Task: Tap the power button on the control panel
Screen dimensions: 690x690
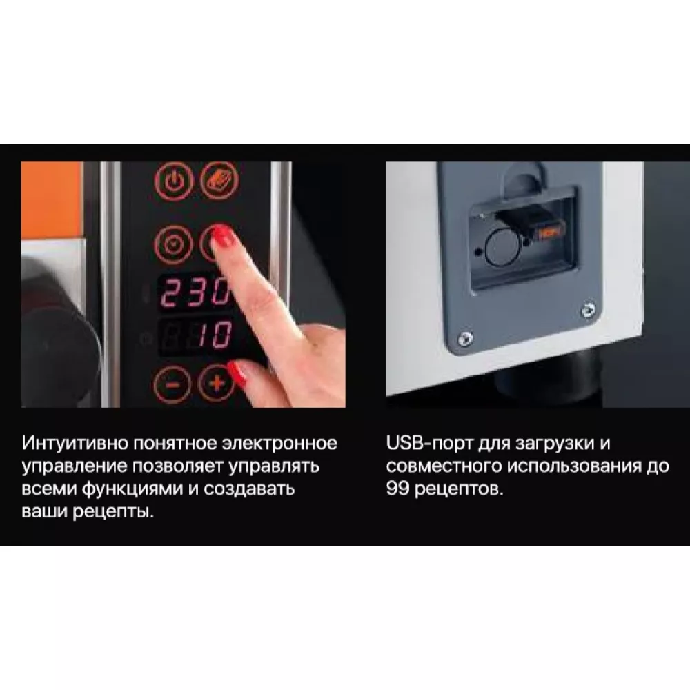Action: [174, 181]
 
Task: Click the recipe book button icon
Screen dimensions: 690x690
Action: [220, 179]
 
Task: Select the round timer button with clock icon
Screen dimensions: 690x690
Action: [174, 244]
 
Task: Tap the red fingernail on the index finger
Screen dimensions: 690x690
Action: [224, 235]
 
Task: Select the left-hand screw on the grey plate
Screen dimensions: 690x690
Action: [465, 338]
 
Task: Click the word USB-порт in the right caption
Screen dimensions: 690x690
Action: [428, 444]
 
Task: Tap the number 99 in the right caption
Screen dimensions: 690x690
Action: [397, 489]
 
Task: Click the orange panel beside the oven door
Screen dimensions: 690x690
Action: [52, 200]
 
